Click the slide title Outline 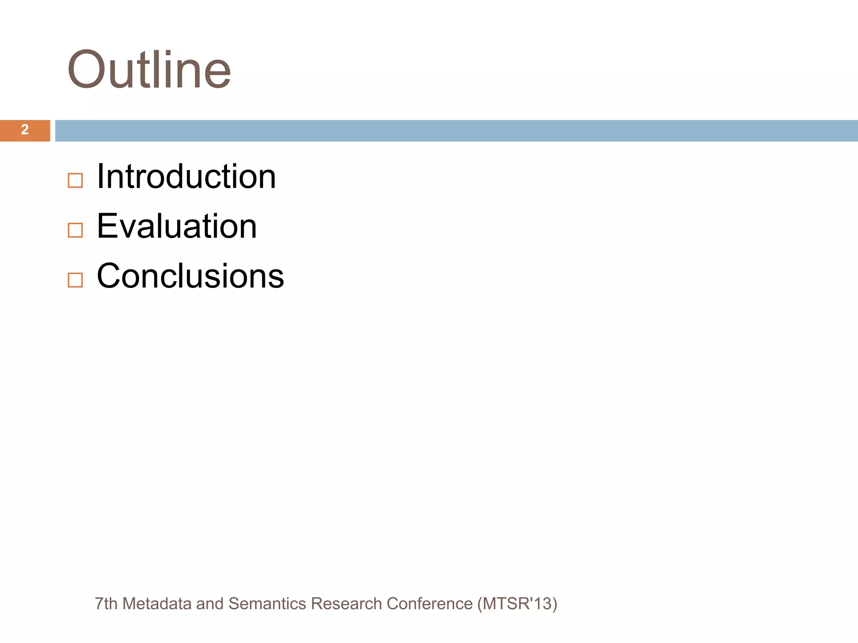coord(149,69)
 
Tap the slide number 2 coord(25,130)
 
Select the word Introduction coord(186,177)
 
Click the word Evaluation coord(176,226)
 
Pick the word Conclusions coord(190,276)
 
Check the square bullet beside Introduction coord(75,181)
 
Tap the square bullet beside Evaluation coord(75,230)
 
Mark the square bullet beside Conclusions coord(75,280)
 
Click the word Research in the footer coord(346,604)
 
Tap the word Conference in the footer coord(429,604)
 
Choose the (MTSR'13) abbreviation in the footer coord(517,604)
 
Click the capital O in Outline coord(85,69)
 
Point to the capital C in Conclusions coord(109,276)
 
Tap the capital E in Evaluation coord(107,226)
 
